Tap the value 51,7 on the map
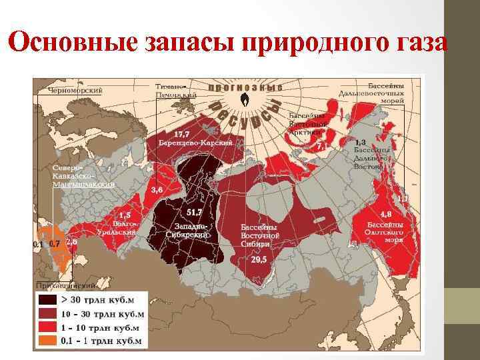click(x=195, y=212)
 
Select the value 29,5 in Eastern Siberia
click(x=259, y=259)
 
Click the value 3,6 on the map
click(x=157, y=190)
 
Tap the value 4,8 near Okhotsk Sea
click(x=385, y=215)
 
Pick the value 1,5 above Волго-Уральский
click(x=125, y=215)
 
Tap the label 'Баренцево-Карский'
click(x=195, y=143)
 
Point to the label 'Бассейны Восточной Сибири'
click(x=259, y=235)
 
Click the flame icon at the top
click(x=245, y=101)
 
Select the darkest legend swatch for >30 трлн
click(x=48, y=300)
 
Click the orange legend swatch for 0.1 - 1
click(x=48, y=341)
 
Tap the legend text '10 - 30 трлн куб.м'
click(x=103, y=314)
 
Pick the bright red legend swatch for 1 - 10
click(x=48, y=327)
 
